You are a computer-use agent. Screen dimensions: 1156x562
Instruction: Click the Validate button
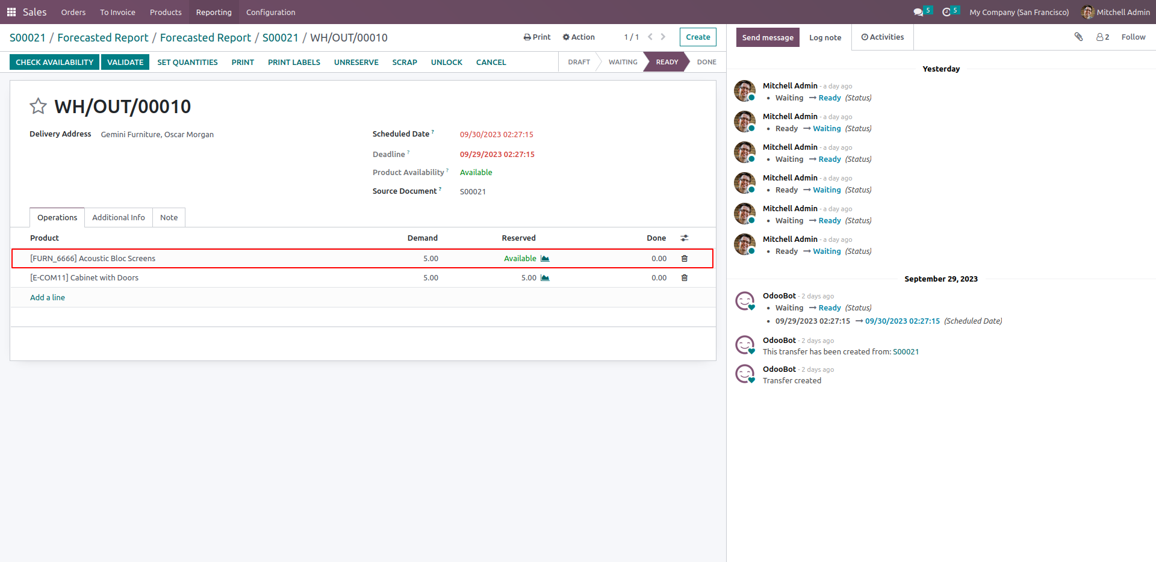pyautogui.click(x=125, y=62)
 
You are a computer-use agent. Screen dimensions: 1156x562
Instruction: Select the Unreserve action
pyautogui.click(x=356, y=62)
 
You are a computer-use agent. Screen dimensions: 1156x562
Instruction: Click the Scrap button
pyautogui.click(x=405, y=62)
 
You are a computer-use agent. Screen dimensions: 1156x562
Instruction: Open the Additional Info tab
pyautogui.click(x=119, y=217)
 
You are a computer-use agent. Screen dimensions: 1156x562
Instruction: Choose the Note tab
pyautogui.click(x=169, y=217)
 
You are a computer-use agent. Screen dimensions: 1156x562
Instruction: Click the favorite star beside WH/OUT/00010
pyautogui.click(x=38, y=106)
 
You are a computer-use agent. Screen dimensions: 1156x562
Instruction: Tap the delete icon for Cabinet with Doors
pyautogui.click(x=684, y=277)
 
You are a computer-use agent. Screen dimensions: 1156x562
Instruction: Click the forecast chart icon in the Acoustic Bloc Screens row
pyautogui.click(x=545, y=258)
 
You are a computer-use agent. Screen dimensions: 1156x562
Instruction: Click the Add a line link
pyautogui.click(x=48, y=297)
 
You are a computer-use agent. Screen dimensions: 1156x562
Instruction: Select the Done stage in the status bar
pyautogui.click(x=706, y=62)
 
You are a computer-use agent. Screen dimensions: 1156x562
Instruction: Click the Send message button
pyautogui.click(x=768, y=37)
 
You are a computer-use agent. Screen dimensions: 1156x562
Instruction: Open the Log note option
pyautogui.click(x=825, y=37)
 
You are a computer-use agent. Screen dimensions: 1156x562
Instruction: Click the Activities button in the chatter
pyautogui.click(x=882, y=37)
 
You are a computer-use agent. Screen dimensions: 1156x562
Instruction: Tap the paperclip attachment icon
pyautogui.click(x=1078, y=37)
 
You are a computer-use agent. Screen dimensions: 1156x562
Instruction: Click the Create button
pyautogui.click(x=698, y=37)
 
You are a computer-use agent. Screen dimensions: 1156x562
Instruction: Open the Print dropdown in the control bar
pyautogui.click(x=537, y=37)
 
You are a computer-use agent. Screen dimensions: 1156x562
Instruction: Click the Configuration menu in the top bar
pyautogui.click(x=270, y=12)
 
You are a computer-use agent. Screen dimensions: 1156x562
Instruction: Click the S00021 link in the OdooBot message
pyautogui.click(x=906, y=351)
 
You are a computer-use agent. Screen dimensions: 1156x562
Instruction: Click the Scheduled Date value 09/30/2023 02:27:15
pyautogui.click(x=497, y=134)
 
